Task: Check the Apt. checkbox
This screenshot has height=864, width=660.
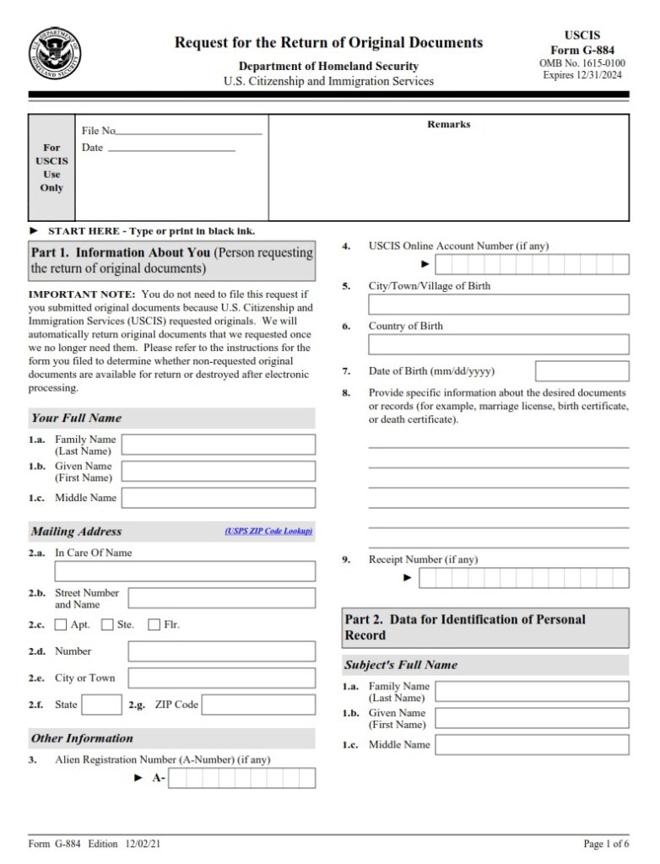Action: coord(61,625)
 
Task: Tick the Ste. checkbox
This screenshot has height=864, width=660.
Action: coord(107,625)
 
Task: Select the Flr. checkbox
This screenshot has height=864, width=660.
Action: coord(154,625)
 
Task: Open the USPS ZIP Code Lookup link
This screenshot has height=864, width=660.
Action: coord(268,531)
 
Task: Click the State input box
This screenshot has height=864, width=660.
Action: coord(102,705)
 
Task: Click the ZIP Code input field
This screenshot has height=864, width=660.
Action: coord(258,705)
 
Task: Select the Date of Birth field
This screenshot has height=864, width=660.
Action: coord(582,371)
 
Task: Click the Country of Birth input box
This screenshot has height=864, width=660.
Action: coord(498,344)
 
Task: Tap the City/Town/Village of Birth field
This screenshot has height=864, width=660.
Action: coord(498,305)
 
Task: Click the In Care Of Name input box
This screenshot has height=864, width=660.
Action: coord(185,571)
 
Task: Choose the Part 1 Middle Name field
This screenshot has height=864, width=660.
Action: coord(219,498)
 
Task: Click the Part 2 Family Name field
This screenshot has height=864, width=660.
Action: coord(532,692)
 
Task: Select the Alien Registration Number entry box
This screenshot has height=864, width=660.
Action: coord(241,778)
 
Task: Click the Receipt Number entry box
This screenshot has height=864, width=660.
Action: coord(523,578)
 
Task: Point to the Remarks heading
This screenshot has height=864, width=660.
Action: coord(448,125)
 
